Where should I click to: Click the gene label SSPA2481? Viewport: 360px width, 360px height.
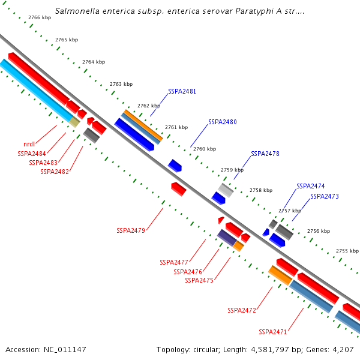coord(182,91)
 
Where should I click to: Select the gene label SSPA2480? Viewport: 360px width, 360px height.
coord(223,122)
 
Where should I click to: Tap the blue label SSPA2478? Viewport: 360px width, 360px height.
coord(265,154)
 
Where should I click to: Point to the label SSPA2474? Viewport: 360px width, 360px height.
coord(310,186)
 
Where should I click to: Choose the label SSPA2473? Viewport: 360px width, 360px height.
coord(325,196)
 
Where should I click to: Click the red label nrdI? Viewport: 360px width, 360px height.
coord(29,144)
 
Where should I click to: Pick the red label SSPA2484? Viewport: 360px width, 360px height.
coord(32,154)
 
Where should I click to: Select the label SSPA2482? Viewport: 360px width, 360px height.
coord(55,172)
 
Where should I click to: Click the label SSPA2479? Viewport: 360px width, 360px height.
coord(131,230)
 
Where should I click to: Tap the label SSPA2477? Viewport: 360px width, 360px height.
coord(174,262)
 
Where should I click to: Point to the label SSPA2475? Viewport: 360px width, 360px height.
coord(199,280)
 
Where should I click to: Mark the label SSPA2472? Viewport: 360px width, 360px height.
coord(242,310)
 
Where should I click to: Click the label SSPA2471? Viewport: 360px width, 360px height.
coord(273,332)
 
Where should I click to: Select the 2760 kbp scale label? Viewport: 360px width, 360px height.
coord(204,149)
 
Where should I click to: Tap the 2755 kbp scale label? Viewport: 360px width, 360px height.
coord(347,251)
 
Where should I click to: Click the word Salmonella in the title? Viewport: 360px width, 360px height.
coord(76,11)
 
